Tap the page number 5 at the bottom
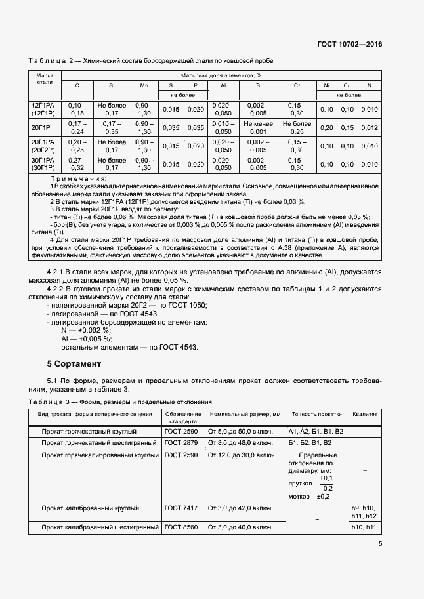point(380,543)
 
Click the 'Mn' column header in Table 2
point(144,86)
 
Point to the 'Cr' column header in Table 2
point(297,86)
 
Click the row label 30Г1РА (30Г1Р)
point(44,163)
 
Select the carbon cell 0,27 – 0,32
point(77,163)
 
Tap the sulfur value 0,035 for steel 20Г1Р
point(171,127)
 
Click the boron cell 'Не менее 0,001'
point(258,127)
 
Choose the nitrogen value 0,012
point(370,127)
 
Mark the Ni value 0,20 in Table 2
point(326,127)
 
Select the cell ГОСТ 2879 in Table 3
point(181,443)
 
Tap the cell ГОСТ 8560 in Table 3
point(181,527)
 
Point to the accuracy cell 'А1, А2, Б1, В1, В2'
point(315,431)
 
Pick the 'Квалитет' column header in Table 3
point(365,414)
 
